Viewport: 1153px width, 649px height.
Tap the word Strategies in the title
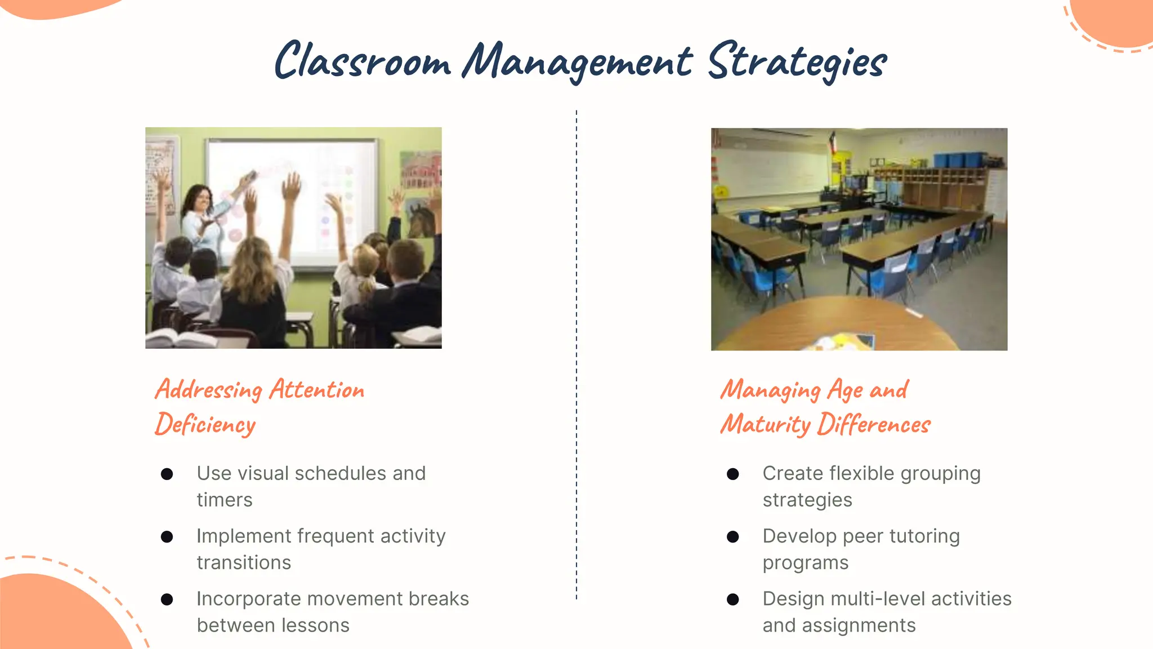point(797,62)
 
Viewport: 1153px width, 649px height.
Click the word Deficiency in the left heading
point(205,424)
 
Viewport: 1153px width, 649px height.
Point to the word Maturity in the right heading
point(765,424)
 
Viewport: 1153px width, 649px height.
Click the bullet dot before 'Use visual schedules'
point(167,474)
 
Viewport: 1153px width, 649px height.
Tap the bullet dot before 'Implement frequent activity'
point(167,536)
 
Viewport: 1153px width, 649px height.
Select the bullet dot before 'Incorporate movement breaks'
point(167,599)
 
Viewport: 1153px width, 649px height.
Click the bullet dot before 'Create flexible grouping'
point(732,474)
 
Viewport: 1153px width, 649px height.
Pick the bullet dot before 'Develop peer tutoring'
point(732,536)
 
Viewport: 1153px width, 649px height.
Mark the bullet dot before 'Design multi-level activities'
point(732,599)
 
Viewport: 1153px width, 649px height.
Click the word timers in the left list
point(225,500)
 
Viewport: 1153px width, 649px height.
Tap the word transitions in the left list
point(244,563)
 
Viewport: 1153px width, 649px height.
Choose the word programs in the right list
point(805,563)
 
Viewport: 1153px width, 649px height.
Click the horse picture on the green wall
point(422,220)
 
